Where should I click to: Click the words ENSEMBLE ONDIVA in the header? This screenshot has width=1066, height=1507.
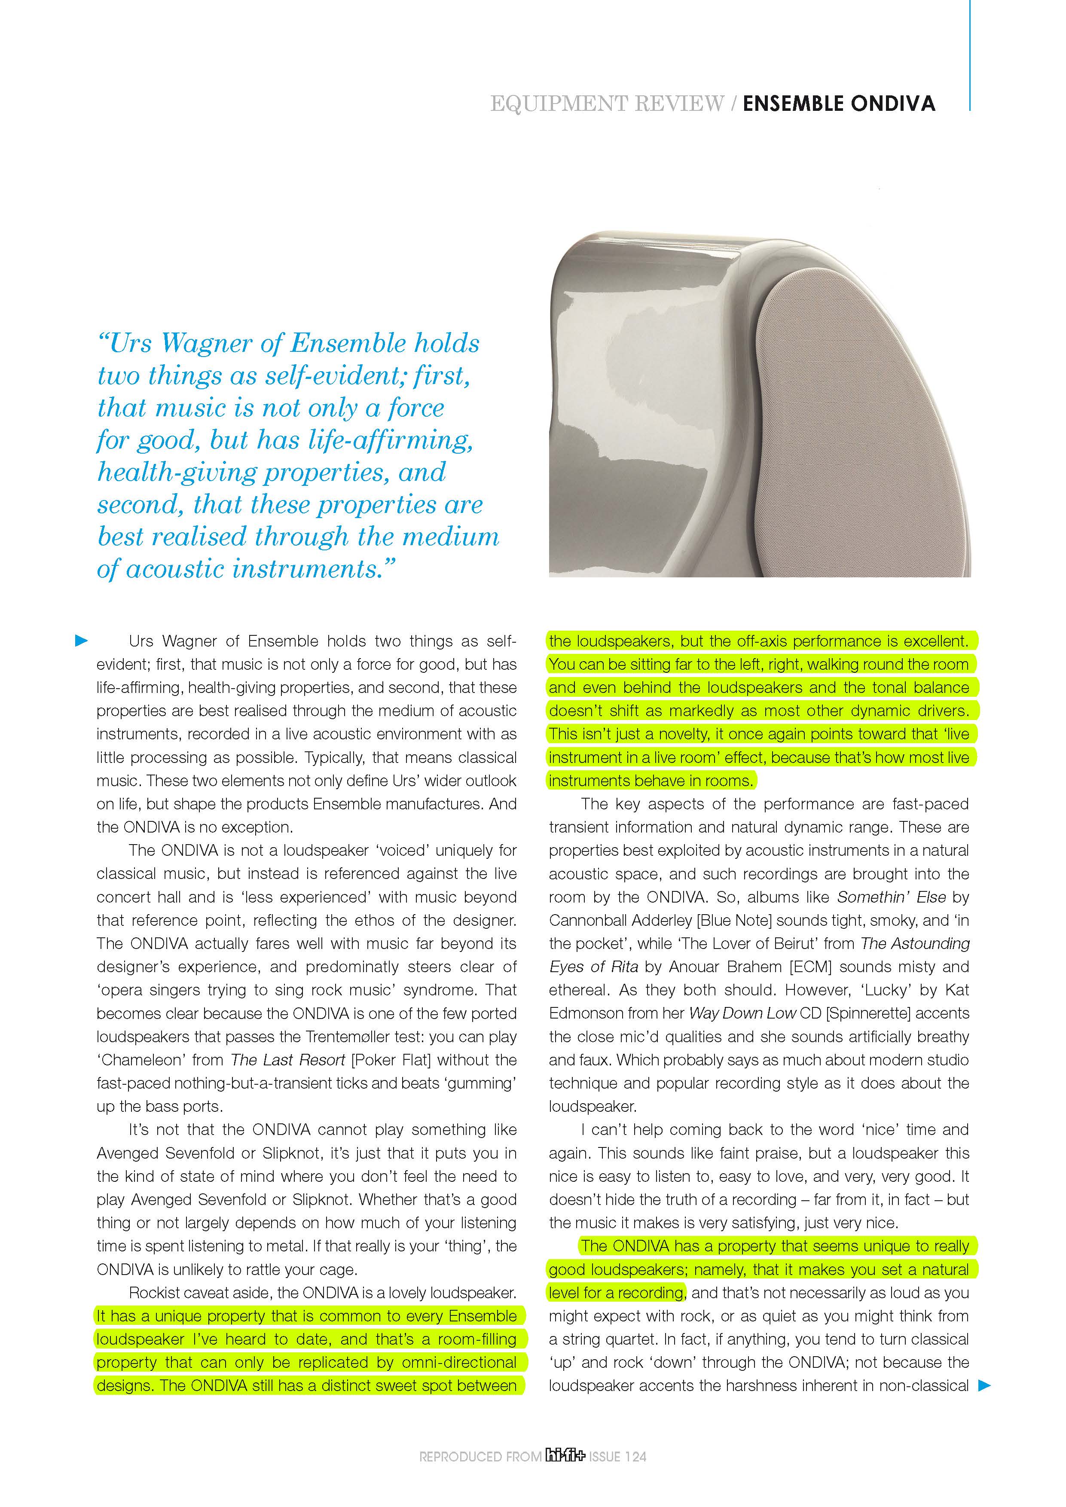coord(838,104)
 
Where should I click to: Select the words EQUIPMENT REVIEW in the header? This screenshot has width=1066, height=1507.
coord(607,104)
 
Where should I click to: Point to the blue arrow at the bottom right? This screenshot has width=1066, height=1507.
coord(984,1385)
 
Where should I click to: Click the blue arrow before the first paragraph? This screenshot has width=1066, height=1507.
coord(81,641)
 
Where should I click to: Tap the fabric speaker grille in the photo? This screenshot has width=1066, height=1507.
coord(867,420)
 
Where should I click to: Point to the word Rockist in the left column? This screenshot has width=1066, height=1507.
coord(153,1293)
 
